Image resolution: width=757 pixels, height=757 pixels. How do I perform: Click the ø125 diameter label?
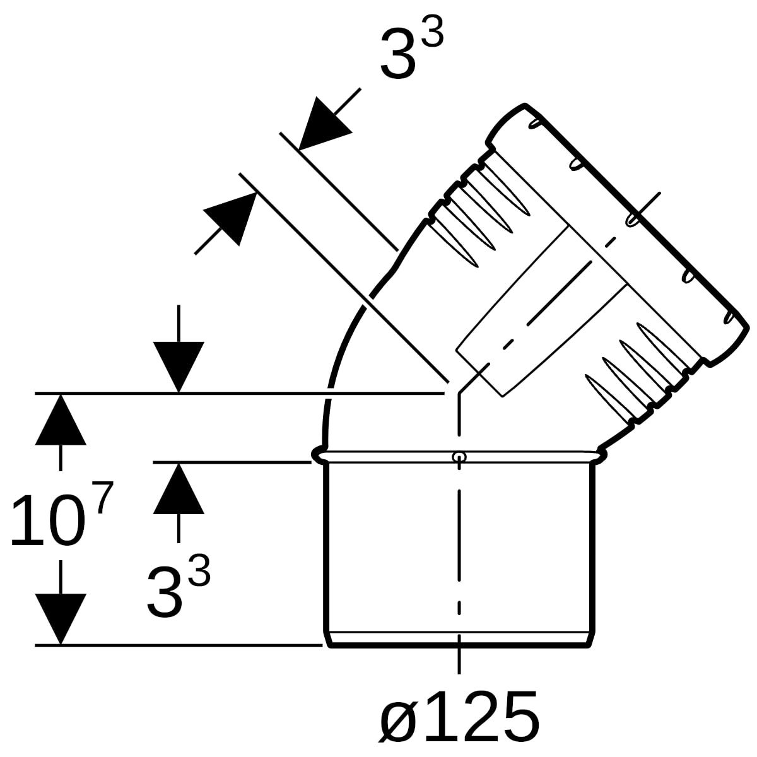(x=459, y=717)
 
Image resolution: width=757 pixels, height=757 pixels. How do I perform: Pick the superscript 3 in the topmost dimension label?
(x=433, y=32)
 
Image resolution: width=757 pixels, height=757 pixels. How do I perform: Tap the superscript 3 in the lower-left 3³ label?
(x=199, y=570)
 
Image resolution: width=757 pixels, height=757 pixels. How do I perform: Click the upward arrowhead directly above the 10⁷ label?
(x=61, y=420)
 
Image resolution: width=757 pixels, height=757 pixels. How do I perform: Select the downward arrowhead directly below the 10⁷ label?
(x=61, y=619)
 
